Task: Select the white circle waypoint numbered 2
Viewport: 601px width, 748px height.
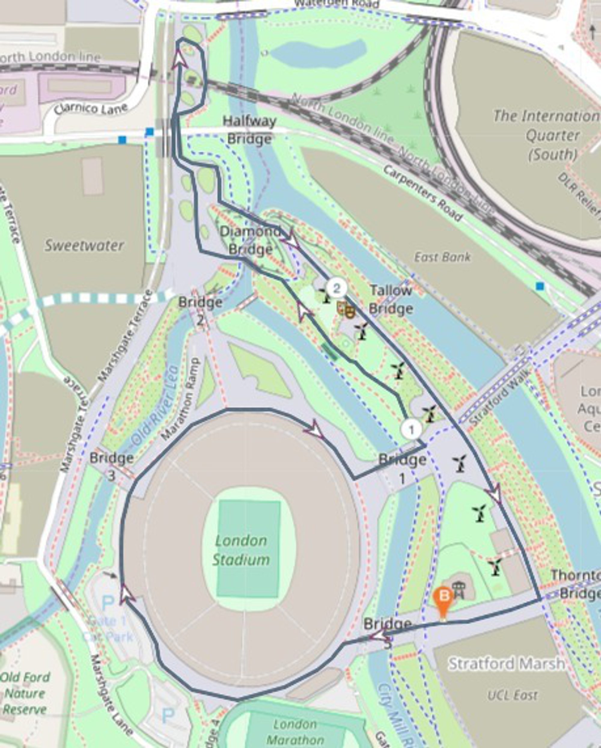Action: (336, 288)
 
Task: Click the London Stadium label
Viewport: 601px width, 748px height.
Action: (241, 550)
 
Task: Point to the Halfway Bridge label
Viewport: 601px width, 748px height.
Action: (249, 130)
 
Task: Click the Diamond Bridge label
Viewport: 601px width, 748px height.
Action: (250, 240)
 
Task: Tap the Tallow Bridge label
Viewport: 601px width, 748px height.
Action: (391, 299)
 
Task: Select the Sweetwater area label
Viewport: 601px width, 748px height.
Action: (84, 246)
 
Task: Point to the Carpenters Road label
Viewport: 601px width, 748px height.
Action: (423, 193)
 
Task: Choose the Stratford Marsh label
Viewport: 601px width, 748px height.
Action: (506, 654)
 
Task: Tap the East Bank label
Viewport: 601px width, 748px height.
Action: (443, 257)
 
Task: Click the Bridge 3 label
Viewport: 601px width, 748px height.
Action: (111, 466)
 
